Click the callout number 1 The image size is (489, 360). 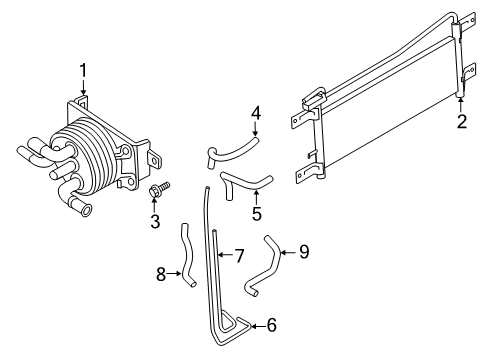83,70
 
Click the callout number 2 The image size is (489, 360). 462,122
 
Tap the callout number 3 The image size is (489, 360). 154,221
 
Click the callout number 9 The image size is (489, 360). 305,251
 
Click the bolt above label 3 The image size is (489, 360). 157,187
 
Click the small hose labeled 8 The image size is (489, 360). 186,255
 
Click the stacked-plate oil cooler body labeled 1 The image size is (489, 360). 95,150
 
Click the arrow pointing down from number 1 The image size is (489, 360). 83,88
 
